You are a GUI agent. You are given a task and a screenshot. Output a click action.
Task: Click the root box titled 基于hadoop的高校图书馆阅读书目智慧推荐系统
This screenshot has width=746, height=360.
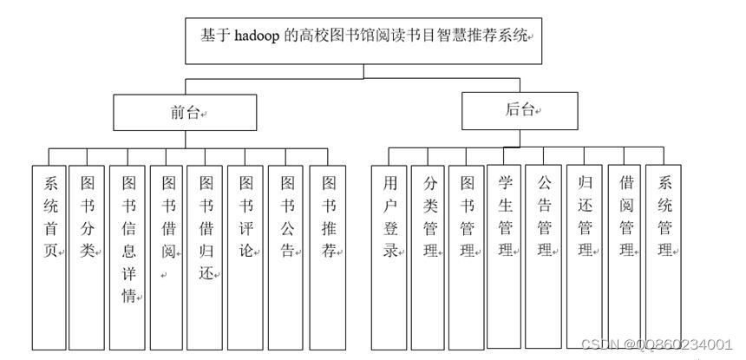[x=363, y=39]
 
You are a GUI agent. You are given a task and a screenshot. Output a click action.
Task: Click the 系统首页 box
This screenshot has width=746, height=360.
[x=49, y=256]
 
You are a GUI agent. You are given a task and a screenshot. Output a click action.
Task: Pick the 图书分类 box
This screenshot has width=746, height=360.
[x=88, y=256]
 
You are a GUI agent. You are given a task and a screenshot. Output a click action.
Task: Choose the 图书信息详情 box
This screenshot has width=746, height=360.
[x=128, y=256]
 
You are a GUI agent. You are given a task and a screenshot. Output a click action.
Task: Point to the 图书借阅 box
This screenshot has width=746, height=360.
[x=167, y=256]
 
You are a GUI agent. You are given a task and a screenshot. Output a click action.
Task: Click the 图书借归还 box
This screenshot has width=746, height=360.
[x=206, y=256]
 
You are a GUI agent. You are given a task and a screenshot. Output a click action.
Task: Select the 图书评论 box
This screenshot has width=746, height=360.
[x=245, y=256]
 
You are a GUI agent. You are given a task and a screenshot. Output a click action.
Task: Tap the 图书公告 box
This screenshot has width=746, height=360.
[x=287, y=256]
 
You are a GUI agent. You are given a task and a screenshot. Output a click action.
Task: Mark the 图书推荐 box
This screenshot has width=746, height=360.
[x=328, y=256]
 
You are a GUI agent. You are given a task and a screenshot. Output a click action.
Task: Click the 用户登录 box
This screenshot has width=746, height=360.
[x=389, y=256]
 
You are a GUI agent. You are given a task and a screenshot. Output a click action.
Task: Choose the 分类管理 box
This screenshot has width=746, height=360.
[x=429, y=256]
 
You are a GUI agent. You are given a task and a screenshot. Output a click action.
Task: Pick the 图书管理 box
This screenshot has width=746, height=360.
[x=467, y=256]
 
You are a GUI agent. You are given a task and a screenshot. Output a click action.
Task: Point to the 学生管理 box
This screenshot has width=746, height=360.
[x=505, y=256]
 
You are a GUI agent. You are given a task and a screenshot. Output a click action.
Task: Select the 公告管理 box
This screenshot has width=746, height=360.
[x=544, y=256]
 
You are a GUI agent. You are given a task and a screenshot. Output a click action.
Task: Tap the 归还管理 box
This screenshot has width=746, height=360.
[x=585, y=256]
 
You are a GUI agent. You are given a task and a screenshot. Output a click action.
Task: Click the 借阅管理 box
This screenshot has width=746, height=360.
[x=625, y=256]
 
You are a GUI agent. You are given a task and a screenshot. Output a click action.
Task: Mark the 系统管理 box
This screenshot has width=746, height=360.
[x=664, y=256]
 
